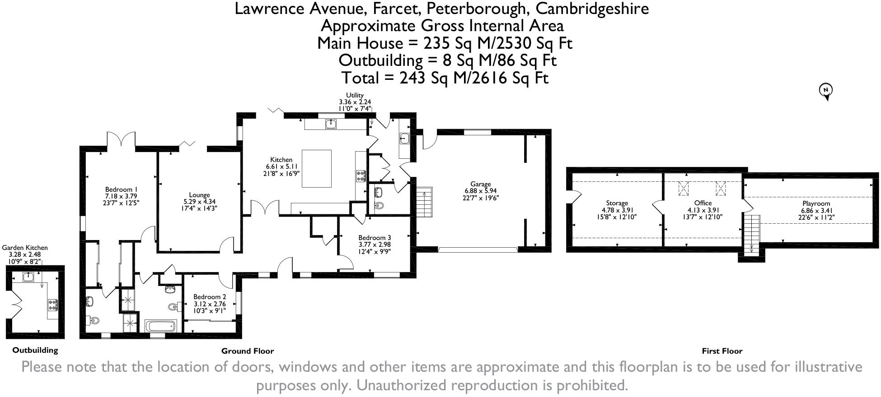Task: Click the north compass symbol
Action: click(x=826, y=92)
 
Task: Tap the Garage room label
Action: click(x=480, y=184)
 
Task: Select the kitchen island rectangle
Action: click(x=316, y=168)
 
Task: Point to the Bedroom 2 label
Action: click(x=210, y=297)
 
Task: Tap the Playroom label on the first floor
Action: click(x=816, y=203)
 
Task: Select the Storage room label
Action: click(x=617, y=203)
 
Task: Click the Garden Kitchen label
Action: click(x=25, y=248)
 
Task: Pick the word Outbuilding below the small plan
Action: click(x=35, y=350)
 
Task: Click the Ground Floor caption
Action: click(x=248, y=351)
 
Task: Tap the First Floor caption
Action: click(x=722, y=351)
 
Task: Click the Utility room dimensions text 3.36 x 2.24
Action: click(x=355, y=102)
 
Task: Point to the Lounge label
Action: click(x=199, y=195)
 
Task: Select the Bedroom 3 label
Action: click(x=375, y=238)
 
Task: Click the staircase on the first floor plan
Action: click(x=752, y=234)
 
